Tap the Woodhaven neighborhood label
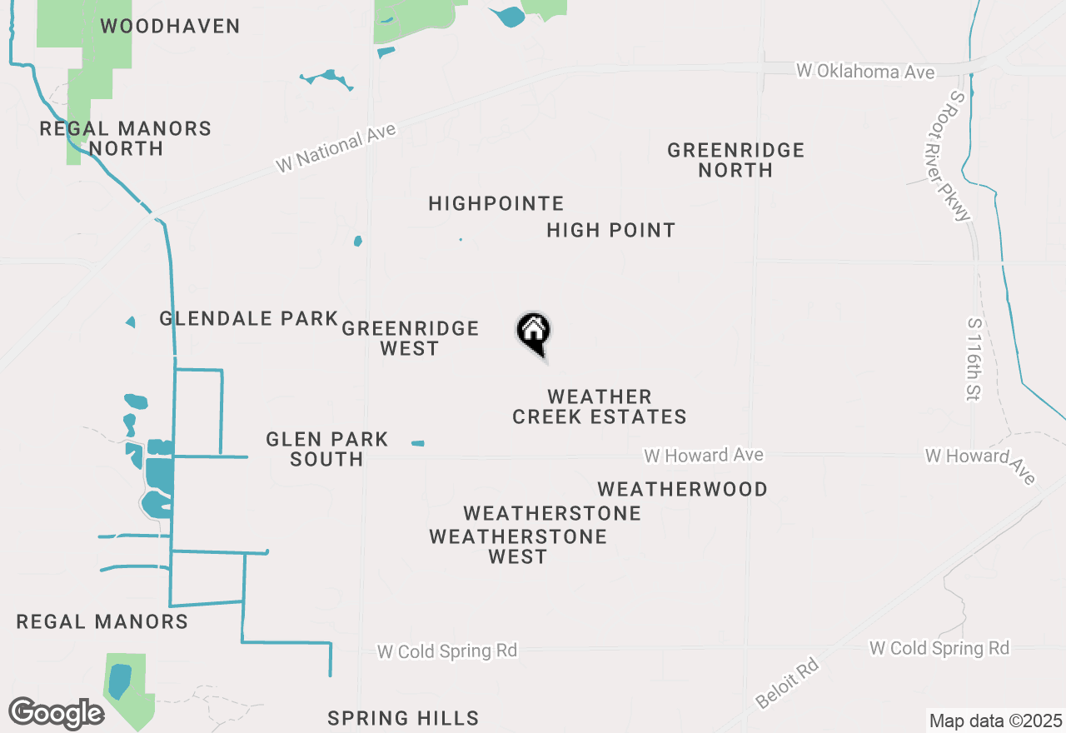170,26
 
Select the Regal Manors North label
126,138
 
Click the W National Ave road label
336,149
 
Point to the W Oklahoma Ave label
864,72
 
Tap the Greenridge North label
735,160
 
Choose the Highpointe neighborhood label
496,203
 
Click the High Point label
610,230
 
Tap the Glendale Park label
248,318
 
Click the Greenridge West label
410,338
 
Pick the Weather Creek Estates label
599,406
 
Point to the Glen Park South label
326,449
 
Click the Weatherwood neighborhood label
682,489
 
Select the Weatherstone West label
518,546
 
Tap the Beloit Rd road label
788,684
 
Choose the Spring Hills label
402,718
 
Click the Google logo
55,713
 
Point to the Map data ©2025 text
995,721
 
